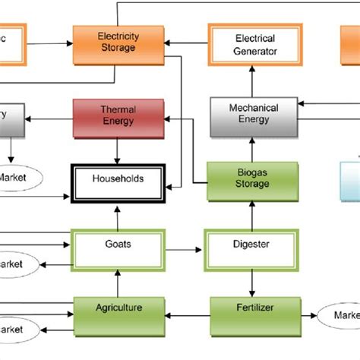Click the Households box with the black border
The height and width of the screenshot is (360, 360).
(117, 182)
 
